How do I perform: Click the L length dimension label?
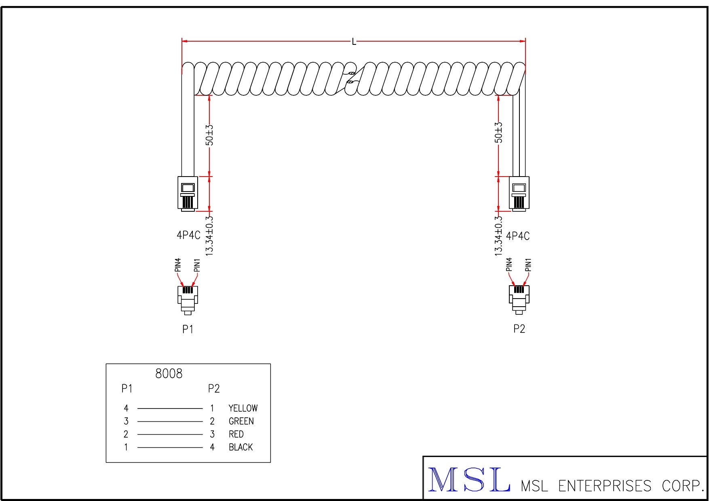click(354, 41)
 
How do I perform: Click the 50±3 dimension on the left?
click(209, 135)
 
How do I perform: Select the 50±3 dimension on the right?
click(498, 133)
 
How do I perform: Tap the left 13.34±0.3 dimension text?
click(209, 236)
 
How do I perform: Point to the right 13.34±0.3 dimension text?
click(498, 236)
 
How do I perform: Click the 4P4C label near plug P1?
click(188, 235)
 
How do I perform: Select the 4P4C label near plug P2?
click(518, 236)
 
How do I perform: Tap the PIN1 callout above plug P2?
click(528, 265)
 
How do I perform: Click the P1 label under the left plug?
click(188, 329)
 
